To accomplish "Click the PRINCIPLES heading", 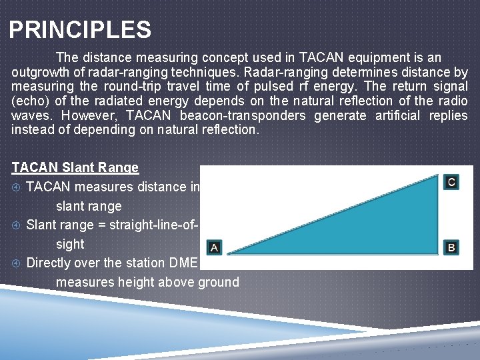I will (80, 30).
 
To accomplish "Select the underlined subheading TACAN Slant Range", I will (75, 168).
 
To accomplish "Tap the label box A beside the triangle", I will (214, 247).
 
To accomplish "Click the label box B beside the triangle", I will (451, 247).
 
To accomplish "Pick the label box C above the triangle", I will (451, 182).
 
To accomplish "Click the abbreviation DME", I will (186, 263).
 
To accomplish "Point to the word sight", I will (70, 244).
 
